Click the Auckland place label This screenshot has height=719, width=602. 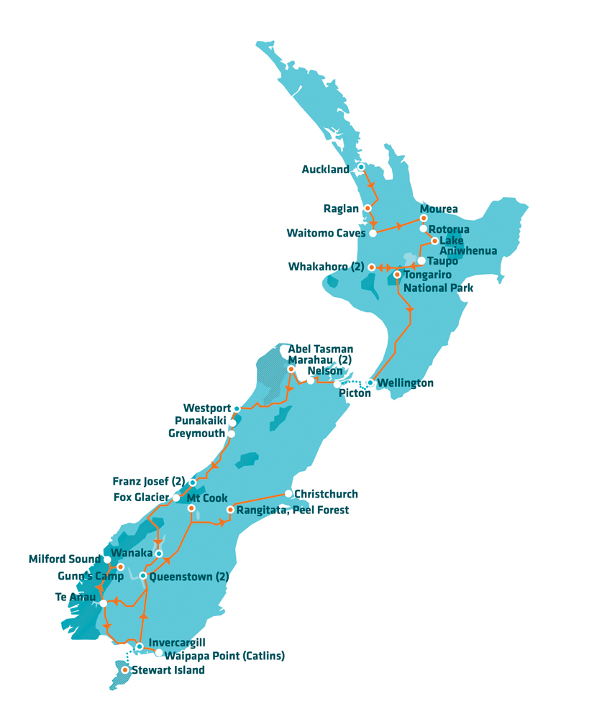(325, 170)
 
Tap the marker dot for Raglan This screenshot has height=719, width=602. (368, 209)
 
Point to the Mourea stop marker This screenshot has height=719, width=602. (424, 218)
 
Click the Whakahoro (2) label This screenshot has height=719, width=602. (326, 267)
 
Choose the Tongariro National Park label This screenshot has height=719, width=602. (438, 281)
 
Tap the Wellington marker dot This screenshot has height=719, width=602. (370, 383)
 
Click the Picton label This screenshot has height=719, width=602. (355, 395)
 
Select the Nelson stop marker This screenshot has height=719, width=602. (311, 380)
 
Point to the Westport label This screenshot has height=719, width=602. (206, 408)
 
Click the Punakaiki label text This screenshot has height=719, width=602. (201, 421)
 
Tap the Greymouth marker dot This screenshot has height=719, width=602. (232, 434)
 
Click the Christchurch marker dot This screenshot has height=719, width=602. (288, 494)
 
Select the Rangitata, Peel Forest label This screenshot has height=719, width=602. (293, 510)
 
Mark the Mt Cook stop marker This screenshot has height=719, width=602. (191, 508)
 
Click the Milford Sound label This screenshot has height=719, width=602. (65, 559)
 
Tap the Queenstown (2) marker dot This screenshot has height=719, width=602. (143, 576)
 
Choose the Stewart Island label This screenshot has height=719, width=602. (168, 670)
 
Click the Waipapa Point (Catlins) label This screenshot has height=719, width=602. (224, 656)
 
